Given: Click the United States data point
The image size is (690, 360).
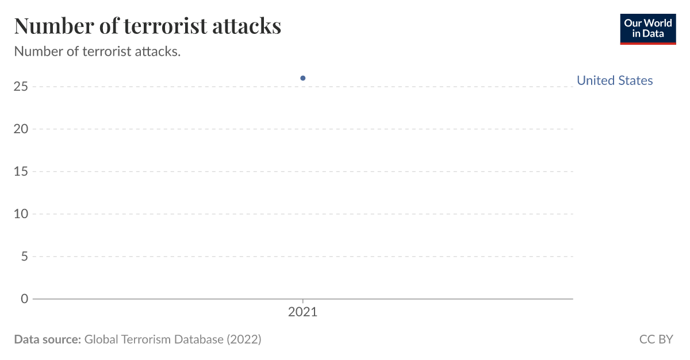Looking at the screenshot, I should pos(303,78).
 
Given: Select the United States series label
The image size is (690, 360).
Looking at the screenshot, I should pos(614,80).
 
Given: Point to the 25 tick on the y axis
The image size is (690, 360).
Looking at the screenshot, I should pos(21,87).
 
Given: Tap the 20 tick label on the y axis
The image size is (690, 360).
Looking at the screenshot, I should pos(21,129).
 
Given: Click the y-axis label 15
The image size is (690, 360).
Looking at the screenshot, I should pos(21,172).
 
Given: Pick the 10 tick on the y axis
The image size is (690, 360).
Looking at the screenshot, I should pos(21,214).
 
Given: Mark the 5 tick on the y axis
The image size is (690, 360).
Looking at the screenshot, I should pos(25,257).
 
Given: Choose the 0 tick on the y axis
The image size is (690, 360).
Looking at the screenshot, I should pos(25,299).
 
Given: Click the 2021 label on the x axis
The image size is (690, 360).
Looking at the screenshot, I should pos(302,313).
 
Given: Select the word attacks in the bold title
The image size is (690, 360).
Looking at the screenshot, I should pos(248,26).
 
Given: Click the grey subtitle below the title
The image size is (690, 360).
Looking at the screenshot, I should pos(97,51).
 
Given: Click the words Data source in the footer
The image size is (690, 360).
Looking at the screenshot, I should pos(47,339).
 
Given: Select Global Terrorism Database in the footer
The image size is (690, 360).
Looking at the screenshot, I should pos(154,339).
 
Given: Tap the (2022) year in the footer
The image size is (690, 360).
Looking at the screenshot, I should pos(244,339).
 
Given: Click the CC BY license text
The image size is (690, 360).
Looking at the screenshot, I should pos(656,339).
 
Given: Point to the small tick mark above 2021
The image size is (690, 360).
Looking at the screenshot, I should pos(303,301).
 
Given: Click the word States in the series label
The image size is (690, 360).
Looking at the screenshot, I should pos(635,80).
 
